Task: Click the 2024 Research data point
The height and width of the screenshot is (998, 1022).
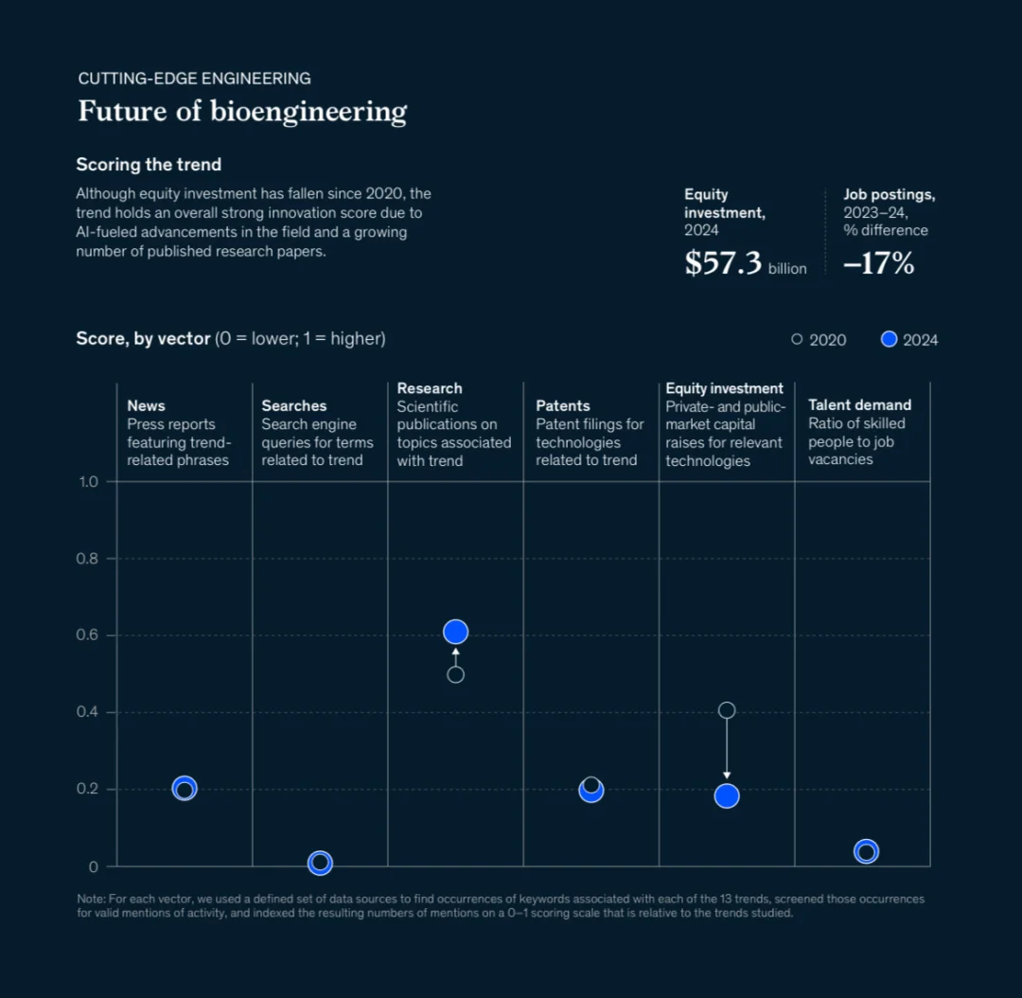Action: tap(455, 632)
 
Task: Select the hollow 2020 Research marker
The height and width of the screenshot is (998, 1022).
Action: tap(455, 675)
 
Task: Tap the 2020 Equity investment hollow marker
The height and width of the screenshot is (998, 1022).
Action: tap(727, 710)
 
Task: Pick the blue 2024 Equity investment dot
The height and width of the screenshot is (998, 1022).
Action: tap(727, 796)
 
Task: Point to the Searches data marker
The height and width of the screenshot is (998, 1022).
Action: tap(320, 863)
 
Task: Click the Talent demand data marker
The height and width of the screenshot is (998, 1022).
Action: tap(866, 851)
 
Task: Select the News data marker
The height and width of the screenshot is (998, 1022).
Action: tap(185, 789)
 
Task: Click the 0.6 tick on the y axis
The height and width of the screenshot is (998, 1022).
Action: tap(87, 635)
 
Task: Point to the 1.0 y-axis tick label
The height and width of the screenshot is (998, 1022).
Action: tap(88, 482)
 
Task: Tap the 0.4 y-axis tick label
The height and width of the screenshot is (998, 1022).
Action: tap(87, 712)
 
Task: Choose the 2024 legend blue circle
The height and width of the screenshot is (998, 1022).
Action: tap(889, 339)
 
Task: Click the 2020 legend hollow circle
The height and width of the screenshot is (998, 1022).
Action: tap(797, 339)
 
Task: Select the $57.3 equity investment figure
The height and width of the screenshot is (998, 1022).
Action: tap(723, 263)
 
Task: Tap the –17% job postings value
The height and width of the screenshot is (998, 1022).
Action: tap(878, 263)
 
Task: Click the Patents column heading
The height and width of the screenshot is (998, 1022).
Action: tap(563, 405)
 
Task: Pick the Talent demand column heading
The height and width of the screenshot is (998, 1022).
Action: tap(859, 404)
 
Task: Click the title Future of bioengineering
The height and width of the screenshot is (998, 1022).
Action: tap(242, 111)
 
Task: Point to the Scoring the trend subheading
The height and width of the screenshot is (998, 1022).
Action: tap(149, 165)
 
